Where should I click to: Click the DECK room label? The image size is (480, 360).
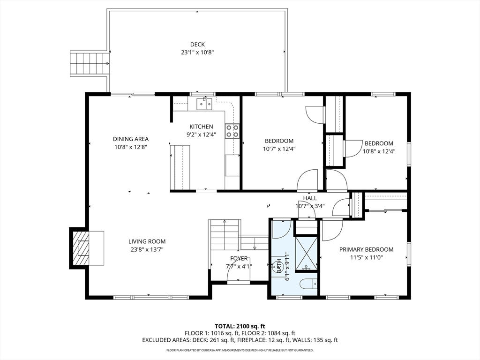click(197, 45)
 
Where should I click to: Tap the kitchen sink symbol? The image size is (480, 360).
click(204, 104)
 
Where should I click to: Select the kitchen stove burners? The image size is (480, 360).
click(232, 131)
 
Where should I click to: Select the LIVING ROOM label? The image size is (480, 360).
click(147, 241)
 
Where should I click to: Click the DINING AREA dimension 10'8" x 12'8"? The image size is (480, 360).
click(131, 147)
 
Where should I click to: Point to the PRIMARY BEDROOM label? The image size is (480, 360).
click(367, 249)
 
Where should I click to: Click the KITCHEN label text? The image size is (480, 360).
click(201, 127)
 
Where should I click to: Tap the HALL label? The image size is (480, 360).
click(310, 198)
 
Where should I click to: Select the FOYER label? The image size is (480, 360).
click(239, 259)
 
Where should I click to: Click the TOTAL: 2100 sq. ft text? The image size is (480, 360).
click(240, 326)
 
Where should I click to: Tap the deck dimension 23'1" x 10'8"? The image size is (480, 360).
click(197, 52)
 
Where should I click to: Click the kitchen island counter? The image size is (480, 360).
click(180, 167)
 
